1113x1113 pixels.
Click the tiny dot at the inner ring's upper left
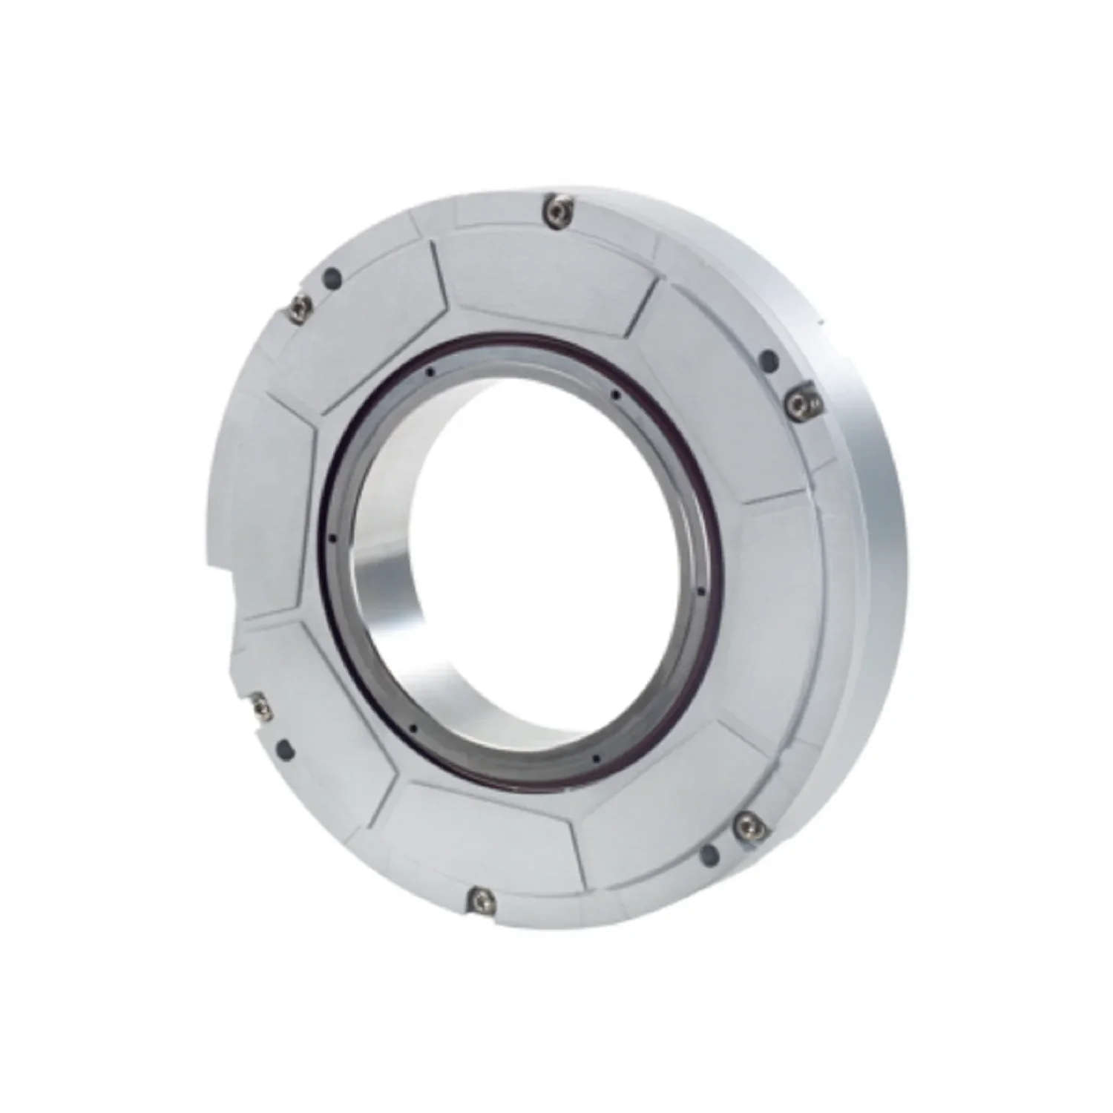[430, 372]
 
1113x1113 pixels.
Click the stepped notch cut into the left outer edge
[223, 594]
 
